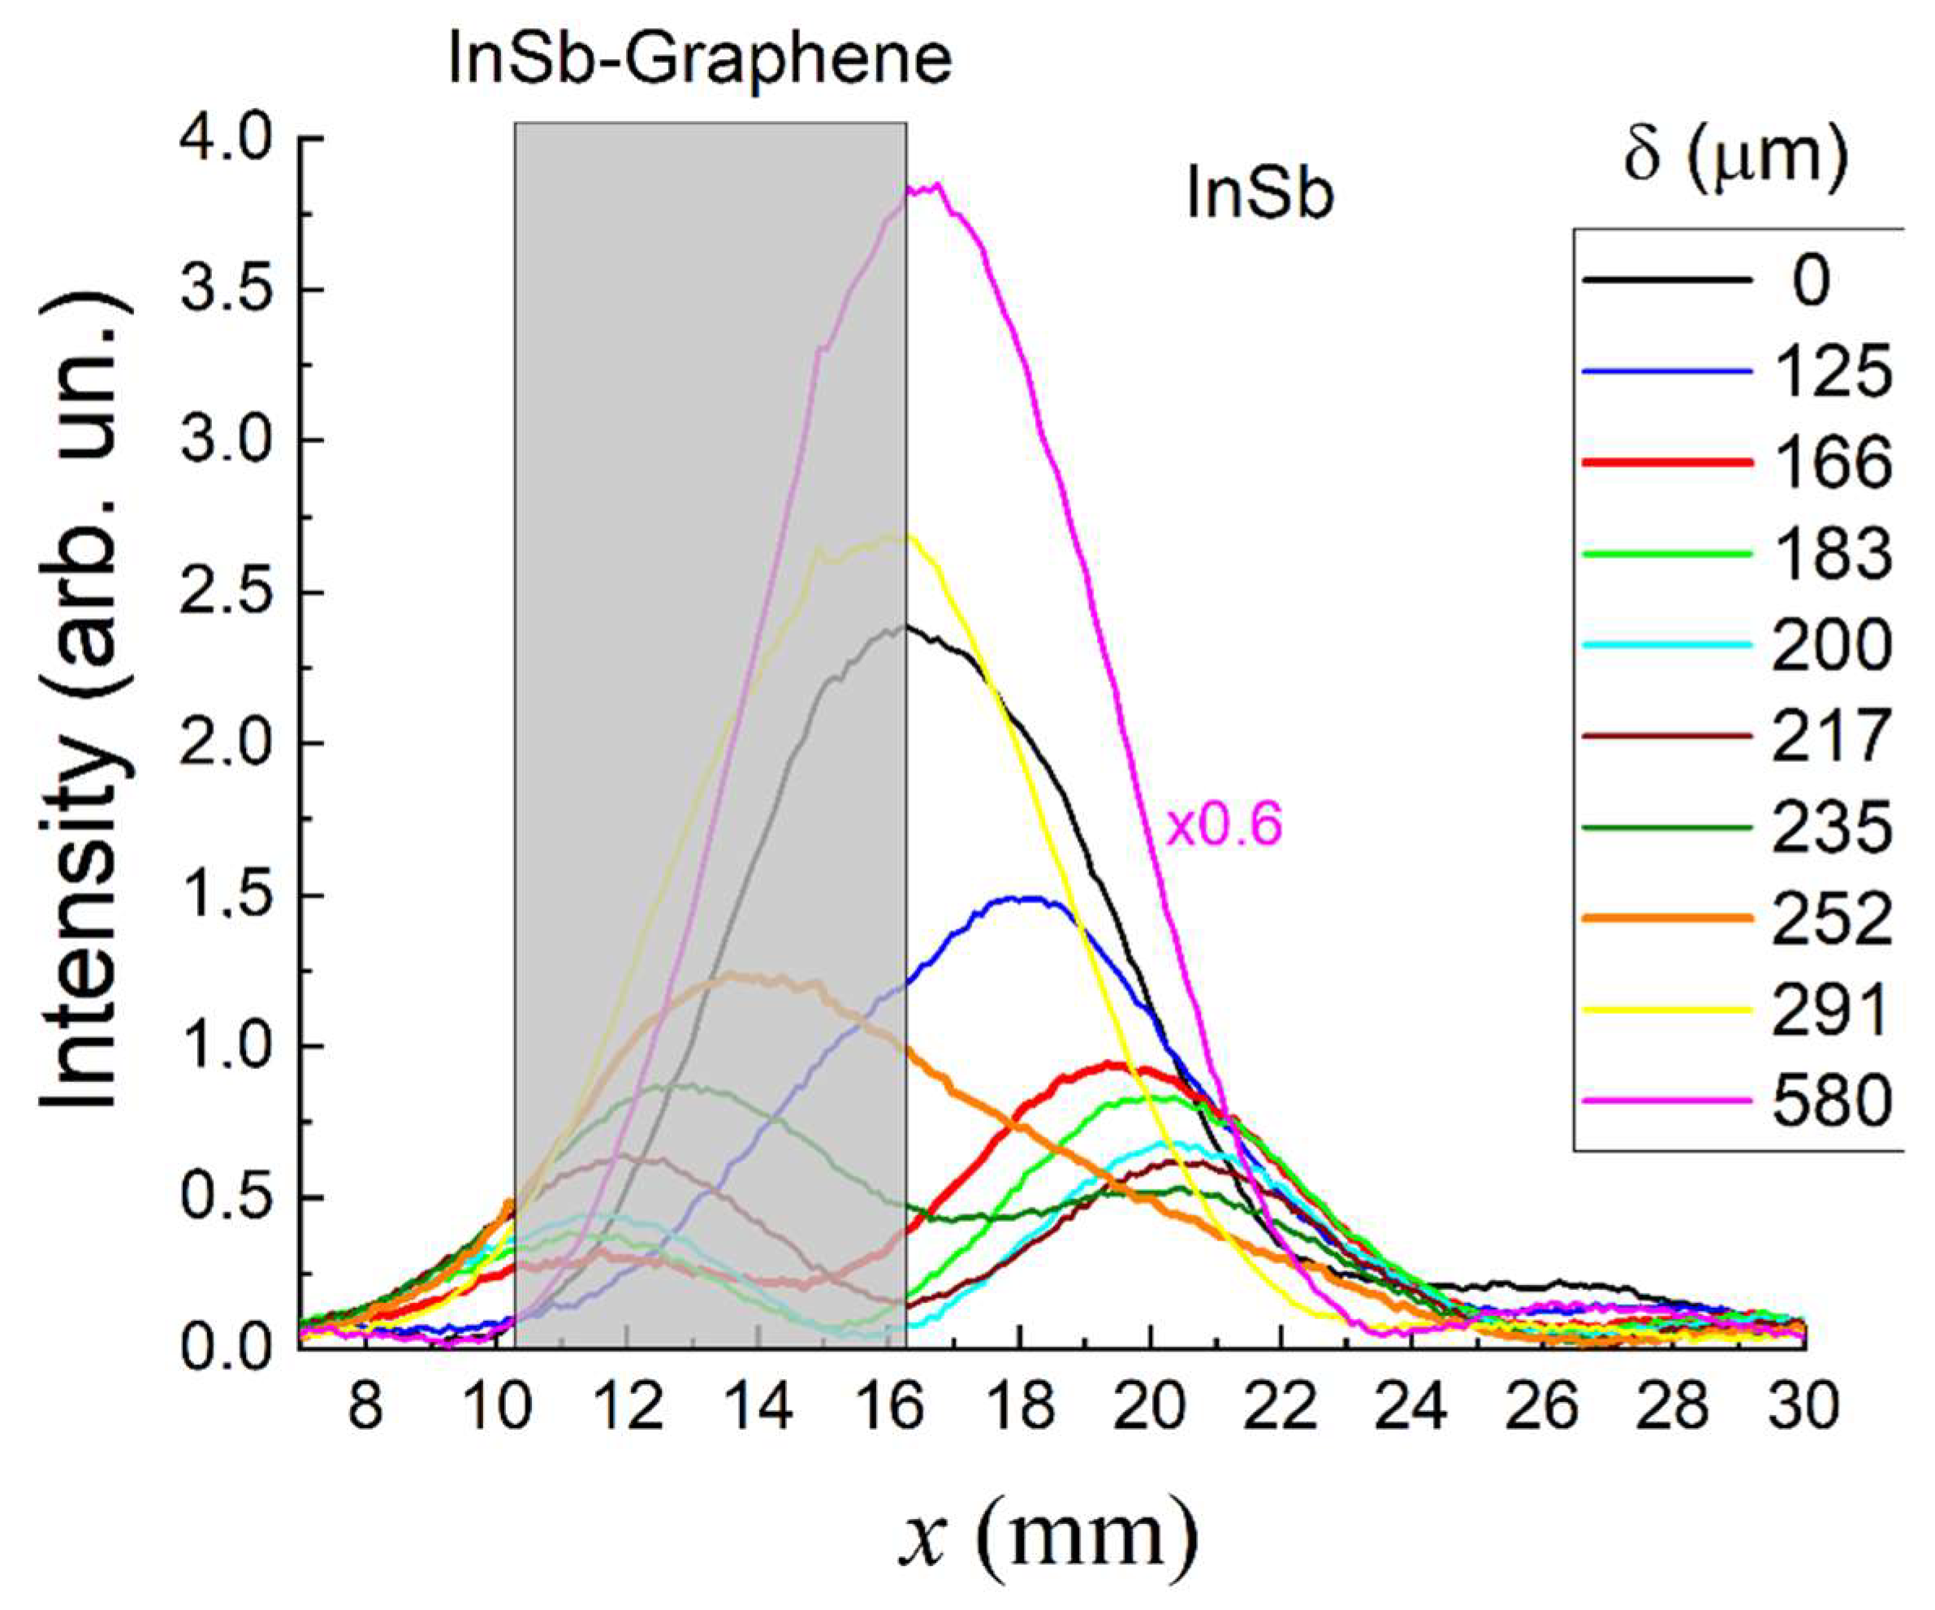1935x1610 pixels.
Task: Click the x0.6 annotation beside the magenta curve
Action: (1224, 826)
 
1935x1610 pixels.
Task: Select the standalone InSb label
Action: (1259, 197)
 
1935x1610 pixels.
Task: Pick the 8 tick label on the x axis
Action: (366, 1407)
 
